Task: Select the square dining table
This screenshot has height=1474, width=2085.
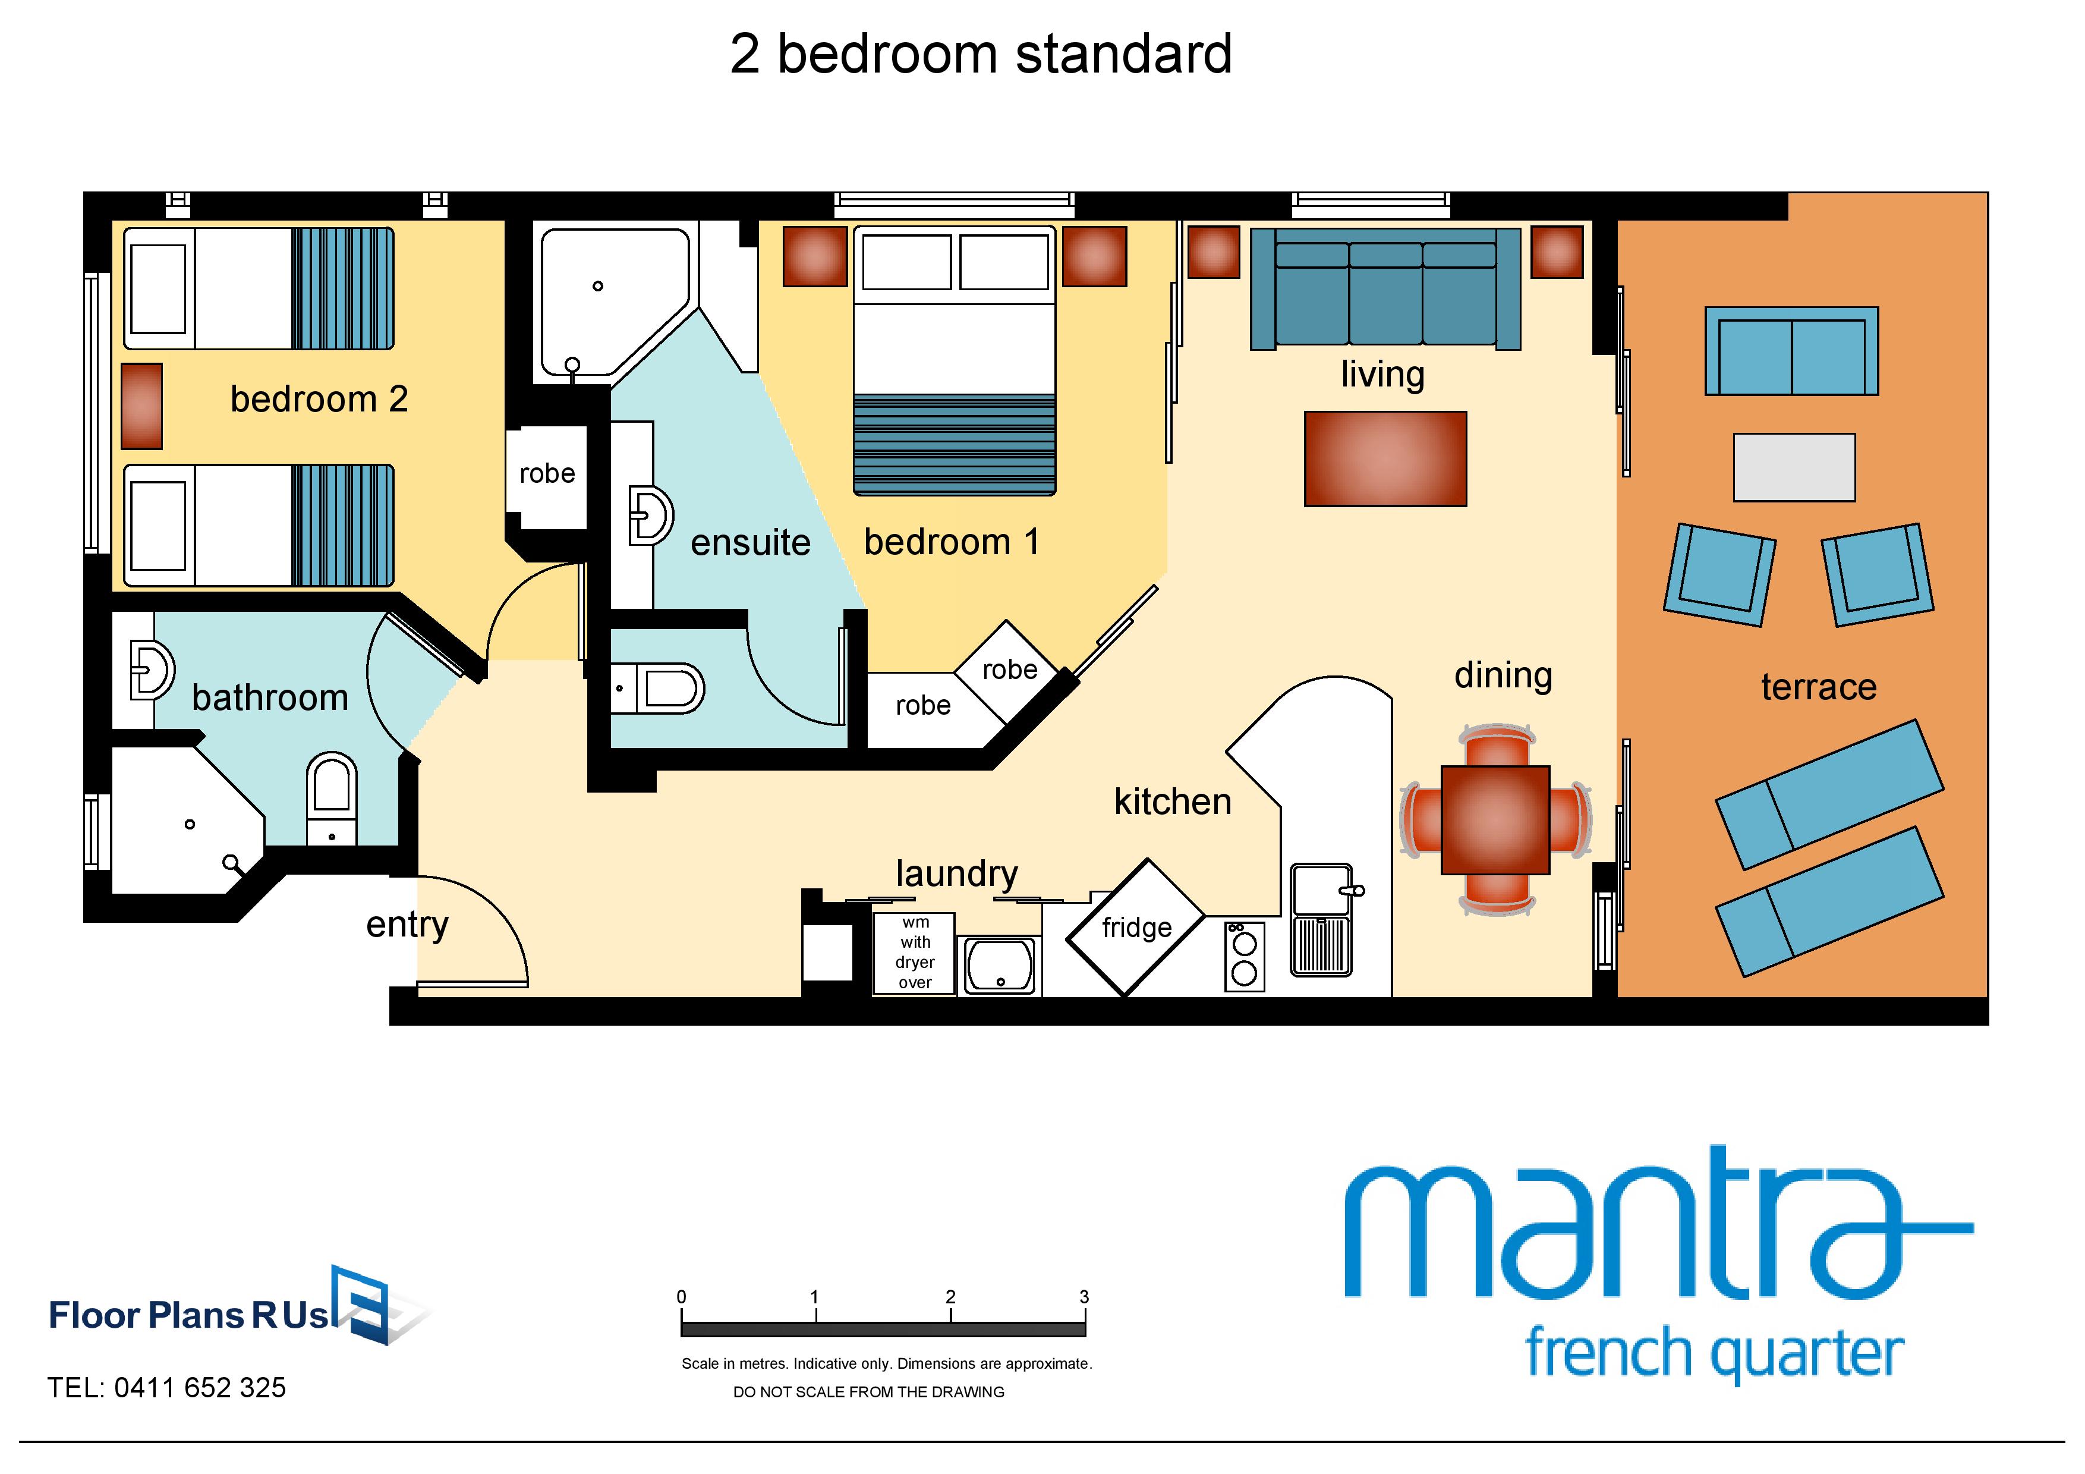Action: click(x=1495, y=820)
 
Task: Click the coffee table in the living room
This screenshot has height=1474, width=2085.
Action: click(x=1385, y=458)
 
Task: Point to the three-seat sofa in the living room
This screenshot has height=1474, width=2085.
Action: click(x=1385, y=288)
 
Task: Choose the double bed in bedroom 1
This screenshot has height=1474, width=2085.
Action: click(x=955, y=360)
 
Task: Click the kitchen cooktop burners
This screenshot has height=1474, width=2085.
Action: click(x=1244, y=956)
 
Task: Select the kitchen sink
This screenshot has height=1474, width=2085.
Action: click(x=1321, y=919)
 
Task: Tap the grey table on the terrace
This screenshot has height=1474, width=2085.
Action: click(x=1794, y=467)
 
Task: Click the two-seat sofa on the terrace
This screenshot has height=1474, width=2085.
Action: click(x=1791, y=351)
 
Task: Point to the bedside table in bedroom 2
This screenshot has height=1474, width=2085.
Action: click(x=141, y=406)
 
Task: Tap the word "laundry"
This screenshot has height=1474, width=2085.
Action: click(x=956, y=873)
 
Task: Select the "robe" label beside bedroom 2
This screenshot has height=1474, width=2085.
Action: click(x=547, y=473)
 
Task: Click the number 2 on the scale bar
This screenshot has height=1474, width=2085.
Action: click(x=950, y=1297)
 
